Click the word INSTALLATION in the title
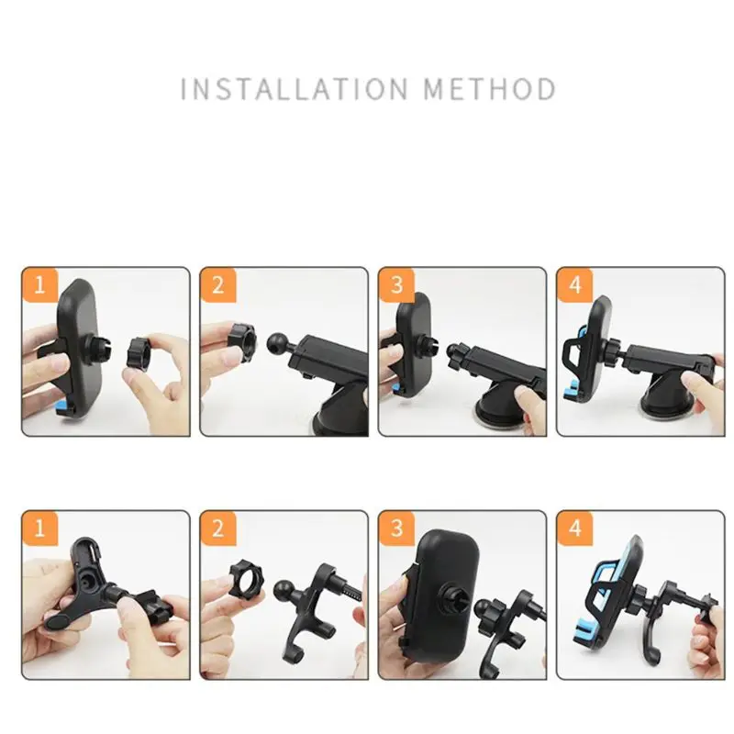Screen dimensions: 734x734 [294, 89]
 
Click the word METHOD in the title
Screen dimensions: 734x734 [490, 89]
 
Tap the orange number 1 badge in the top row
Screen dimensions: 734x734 [39, 284]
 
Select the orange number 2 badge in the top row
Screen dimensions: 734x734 [218, 284]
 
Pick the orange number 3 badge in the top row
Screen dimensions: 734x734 [396, 284]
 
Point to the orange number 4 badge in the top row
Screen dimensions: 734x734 [575, 284]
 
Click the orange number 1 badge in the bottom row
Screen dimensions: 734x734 [39, 528]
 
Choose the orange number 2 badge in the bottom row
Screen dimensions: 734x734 [218, 528]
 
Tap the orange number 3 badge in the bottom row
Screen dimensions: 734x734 [396, 528]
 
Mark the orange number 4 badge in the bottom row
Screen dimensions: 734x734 [575, 528]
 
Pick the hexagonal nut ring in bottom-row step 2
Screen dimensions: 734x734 [247, 578]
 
